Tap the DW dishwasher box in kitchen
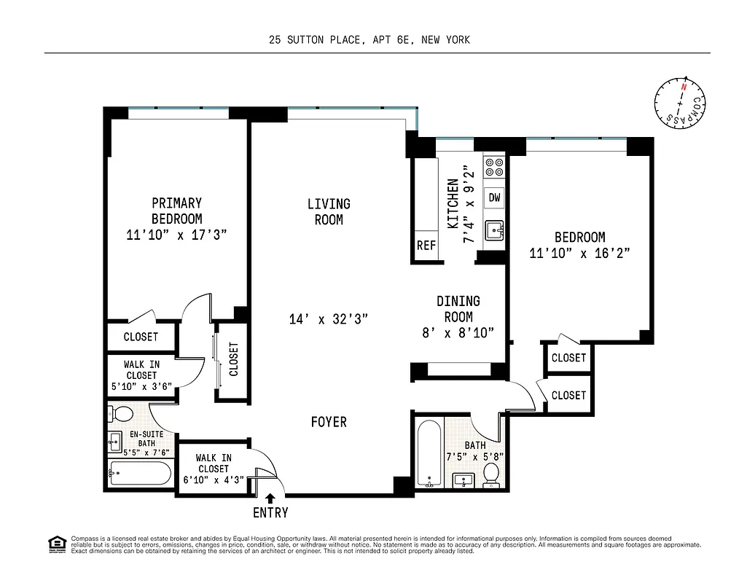495,197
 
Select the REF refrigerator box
426,246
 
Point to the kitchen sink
496,230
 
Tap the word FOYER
329,422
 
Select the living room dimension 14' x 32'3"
328,318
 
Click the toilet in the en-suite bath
122,415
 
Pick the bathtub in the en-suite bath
140,474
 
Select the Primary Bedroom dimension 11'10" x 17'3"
176,234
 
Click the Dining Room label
458,309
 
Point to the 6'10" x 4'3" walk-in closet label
213,469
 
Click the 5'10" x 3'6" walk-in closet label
141,375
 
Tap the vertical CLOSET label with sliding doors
234,359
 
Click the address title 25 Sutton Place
369,40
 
